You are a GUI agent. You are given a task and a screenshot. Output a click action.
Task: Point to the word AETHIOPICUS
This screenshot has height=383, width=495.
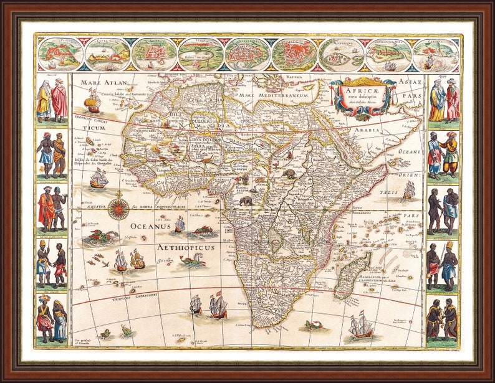186,247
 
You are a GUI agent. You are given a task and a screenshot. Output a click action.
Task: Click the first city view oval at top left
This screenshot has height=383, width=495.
60,54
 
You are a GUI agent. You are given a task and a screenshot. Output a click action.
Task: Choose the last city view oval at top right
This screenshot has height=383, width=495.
436,54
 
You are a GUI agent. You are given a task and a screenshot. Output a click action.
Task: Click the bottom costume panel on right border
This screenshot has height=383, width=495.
443,321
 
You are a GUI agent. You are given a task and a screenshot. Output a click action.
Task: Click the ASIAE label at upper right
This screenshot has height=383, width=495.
411,82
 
